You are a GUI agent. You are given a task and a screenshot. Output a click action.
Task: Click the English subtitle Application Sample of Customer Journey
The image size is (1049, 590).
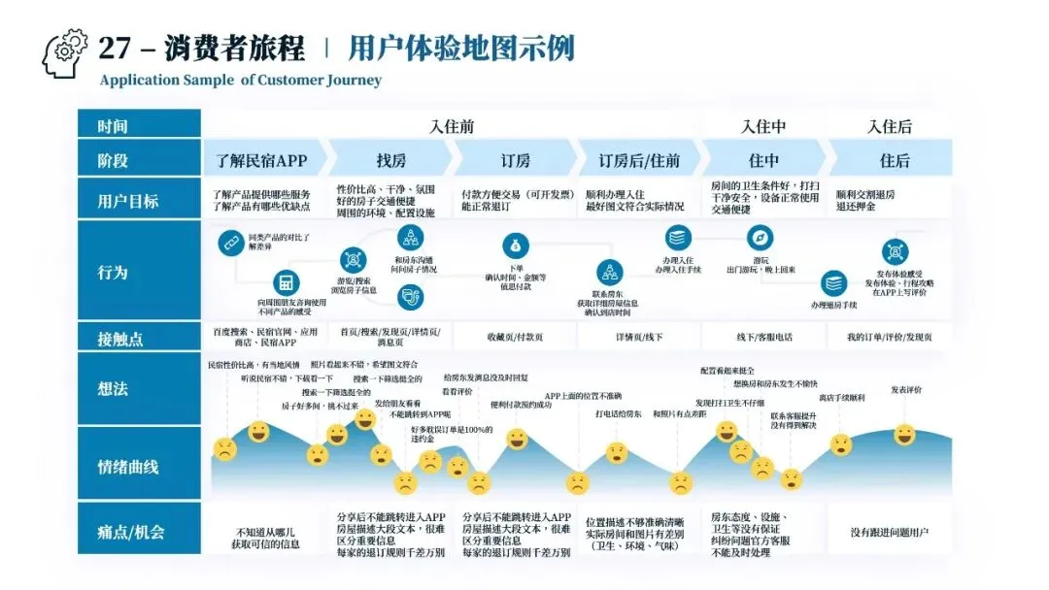point(240,81)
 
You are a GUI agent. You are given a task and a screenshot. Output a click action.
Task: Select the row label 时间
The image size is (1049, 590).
point(113,126)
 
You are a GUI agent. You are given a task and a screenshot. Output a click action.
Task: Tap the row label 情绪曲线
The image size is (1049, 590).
point(127,467)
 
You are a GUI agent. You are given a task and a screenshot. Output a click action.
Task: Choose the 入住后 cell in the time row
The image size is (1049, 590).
point(890,126)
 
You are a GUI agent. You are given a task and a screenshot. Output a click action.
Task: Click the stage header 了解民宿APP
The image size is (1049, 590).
point(260,160)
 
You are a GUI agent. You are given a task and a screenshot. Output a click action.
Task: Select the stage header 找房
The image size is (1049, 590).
point(390,160)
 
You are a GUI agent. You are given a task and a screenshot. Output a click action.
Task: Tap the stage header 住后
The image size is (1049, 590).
point(894,160)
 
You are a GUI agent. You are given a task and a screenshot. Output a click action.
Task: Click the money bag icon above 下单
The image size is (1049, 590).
point(515,246)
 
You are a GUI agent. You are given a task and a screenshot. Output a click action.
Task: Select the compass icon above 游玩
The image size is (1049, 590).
point(760,238)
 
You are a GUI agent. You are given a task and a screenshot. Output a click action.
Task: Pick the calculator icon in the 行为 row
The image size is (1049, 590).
point(285,282)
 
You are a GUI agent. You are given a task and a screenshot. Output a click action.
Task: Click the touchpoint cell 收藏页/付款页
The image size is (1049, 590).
point(515,337)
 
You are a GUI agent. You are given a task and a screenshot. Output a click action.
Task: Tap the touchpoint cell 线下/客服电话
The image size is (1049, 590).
point(763,337)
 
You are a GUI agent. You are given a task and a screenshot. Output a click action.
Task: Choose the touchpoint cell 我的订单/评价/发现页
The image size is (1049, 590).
point(889,337)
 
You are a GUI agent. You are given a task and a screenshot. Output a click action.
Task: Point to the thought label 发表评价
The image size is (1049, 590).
point(906,390)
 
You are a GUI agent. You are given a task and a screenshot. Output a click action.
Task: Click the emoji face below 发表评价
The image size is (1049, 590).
point(904,434)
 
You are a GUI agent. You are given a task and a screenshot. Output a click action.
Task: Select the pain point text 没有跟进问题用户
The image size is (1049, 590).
point(889,532)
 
